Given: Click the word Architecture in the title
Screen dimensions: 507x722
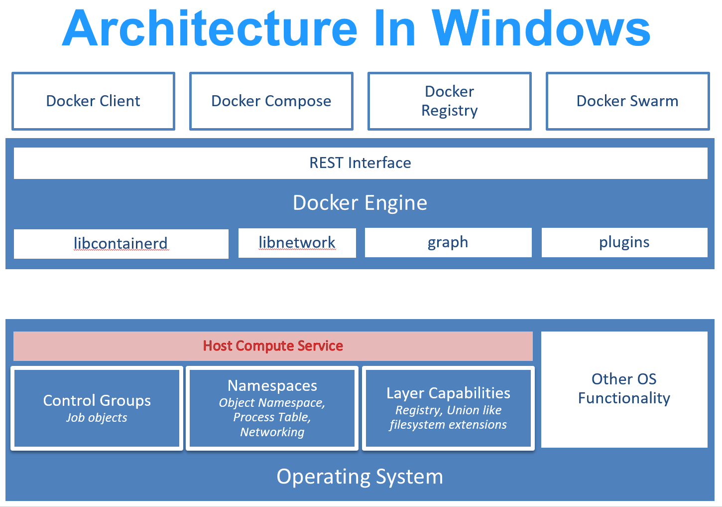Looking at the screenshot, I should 210,28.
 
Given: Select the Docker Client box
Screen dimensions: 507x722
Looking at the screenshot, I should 93,101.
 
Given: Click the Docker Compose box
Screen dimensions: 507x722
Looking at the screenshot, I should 271,101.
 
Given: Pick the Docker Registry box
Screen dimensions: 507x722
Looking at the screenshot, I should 449,101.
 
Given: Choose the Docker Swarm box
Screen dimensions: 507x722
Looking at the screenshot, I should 627,101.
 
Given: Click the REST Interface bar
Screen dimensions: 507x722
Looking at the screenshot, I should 361,163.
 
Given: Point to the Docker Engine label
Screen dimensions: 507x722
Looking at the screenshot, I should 360,203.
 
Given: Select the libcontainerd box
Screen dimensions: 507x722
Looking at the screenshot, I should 121,243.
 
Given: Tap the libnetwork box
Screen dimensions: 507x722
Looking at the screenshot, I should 297,243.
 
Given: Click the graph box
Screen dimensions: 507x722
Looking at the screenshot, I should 448,242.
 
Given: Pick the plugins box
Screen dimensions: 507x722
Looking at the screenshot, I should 624,242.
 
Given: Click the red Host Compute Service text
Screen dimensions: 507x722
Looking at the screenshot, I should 273,346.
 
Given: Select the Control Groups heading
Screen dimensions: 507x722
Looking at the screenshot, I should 97,400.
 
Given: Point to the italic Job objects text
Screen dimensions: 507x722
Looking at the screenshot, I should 97,418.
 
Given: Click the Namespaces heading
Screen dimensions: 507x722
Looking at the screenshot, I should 272,385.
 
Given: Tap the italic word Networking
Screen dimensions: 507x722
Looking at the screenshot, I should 272,432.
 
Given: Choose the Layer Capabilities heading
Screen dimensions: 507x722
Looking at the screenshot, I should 448,393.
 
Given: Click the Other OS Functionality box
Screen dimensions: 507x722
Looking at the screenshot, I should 624,389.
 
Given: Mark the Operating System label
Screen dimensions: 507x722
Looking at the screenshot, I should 360,477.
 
